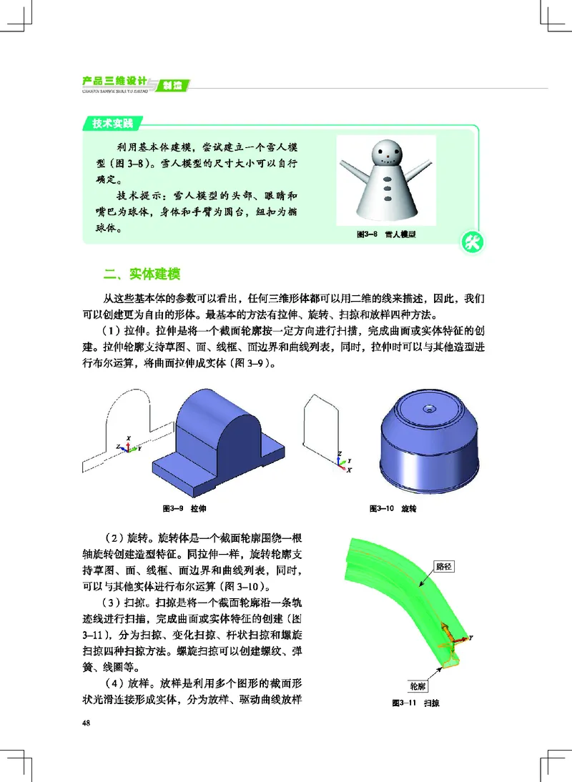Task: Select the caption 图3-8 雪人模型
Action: [386, 234]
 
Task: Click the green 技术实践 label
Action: [113, 123]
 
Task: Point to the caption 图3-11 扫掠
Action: [416, 703]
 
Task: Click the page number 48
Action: [87, 723]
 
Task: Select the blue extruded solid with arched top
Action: [217, 436]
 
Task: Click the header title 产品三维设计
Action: [114, 81]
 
